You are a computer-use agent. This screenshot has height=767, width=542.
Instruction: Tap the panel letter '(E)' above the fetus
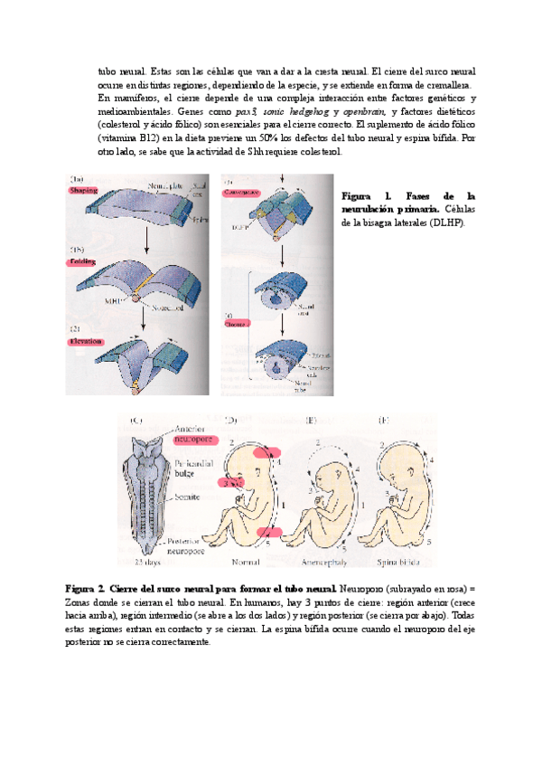[311, 420]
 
